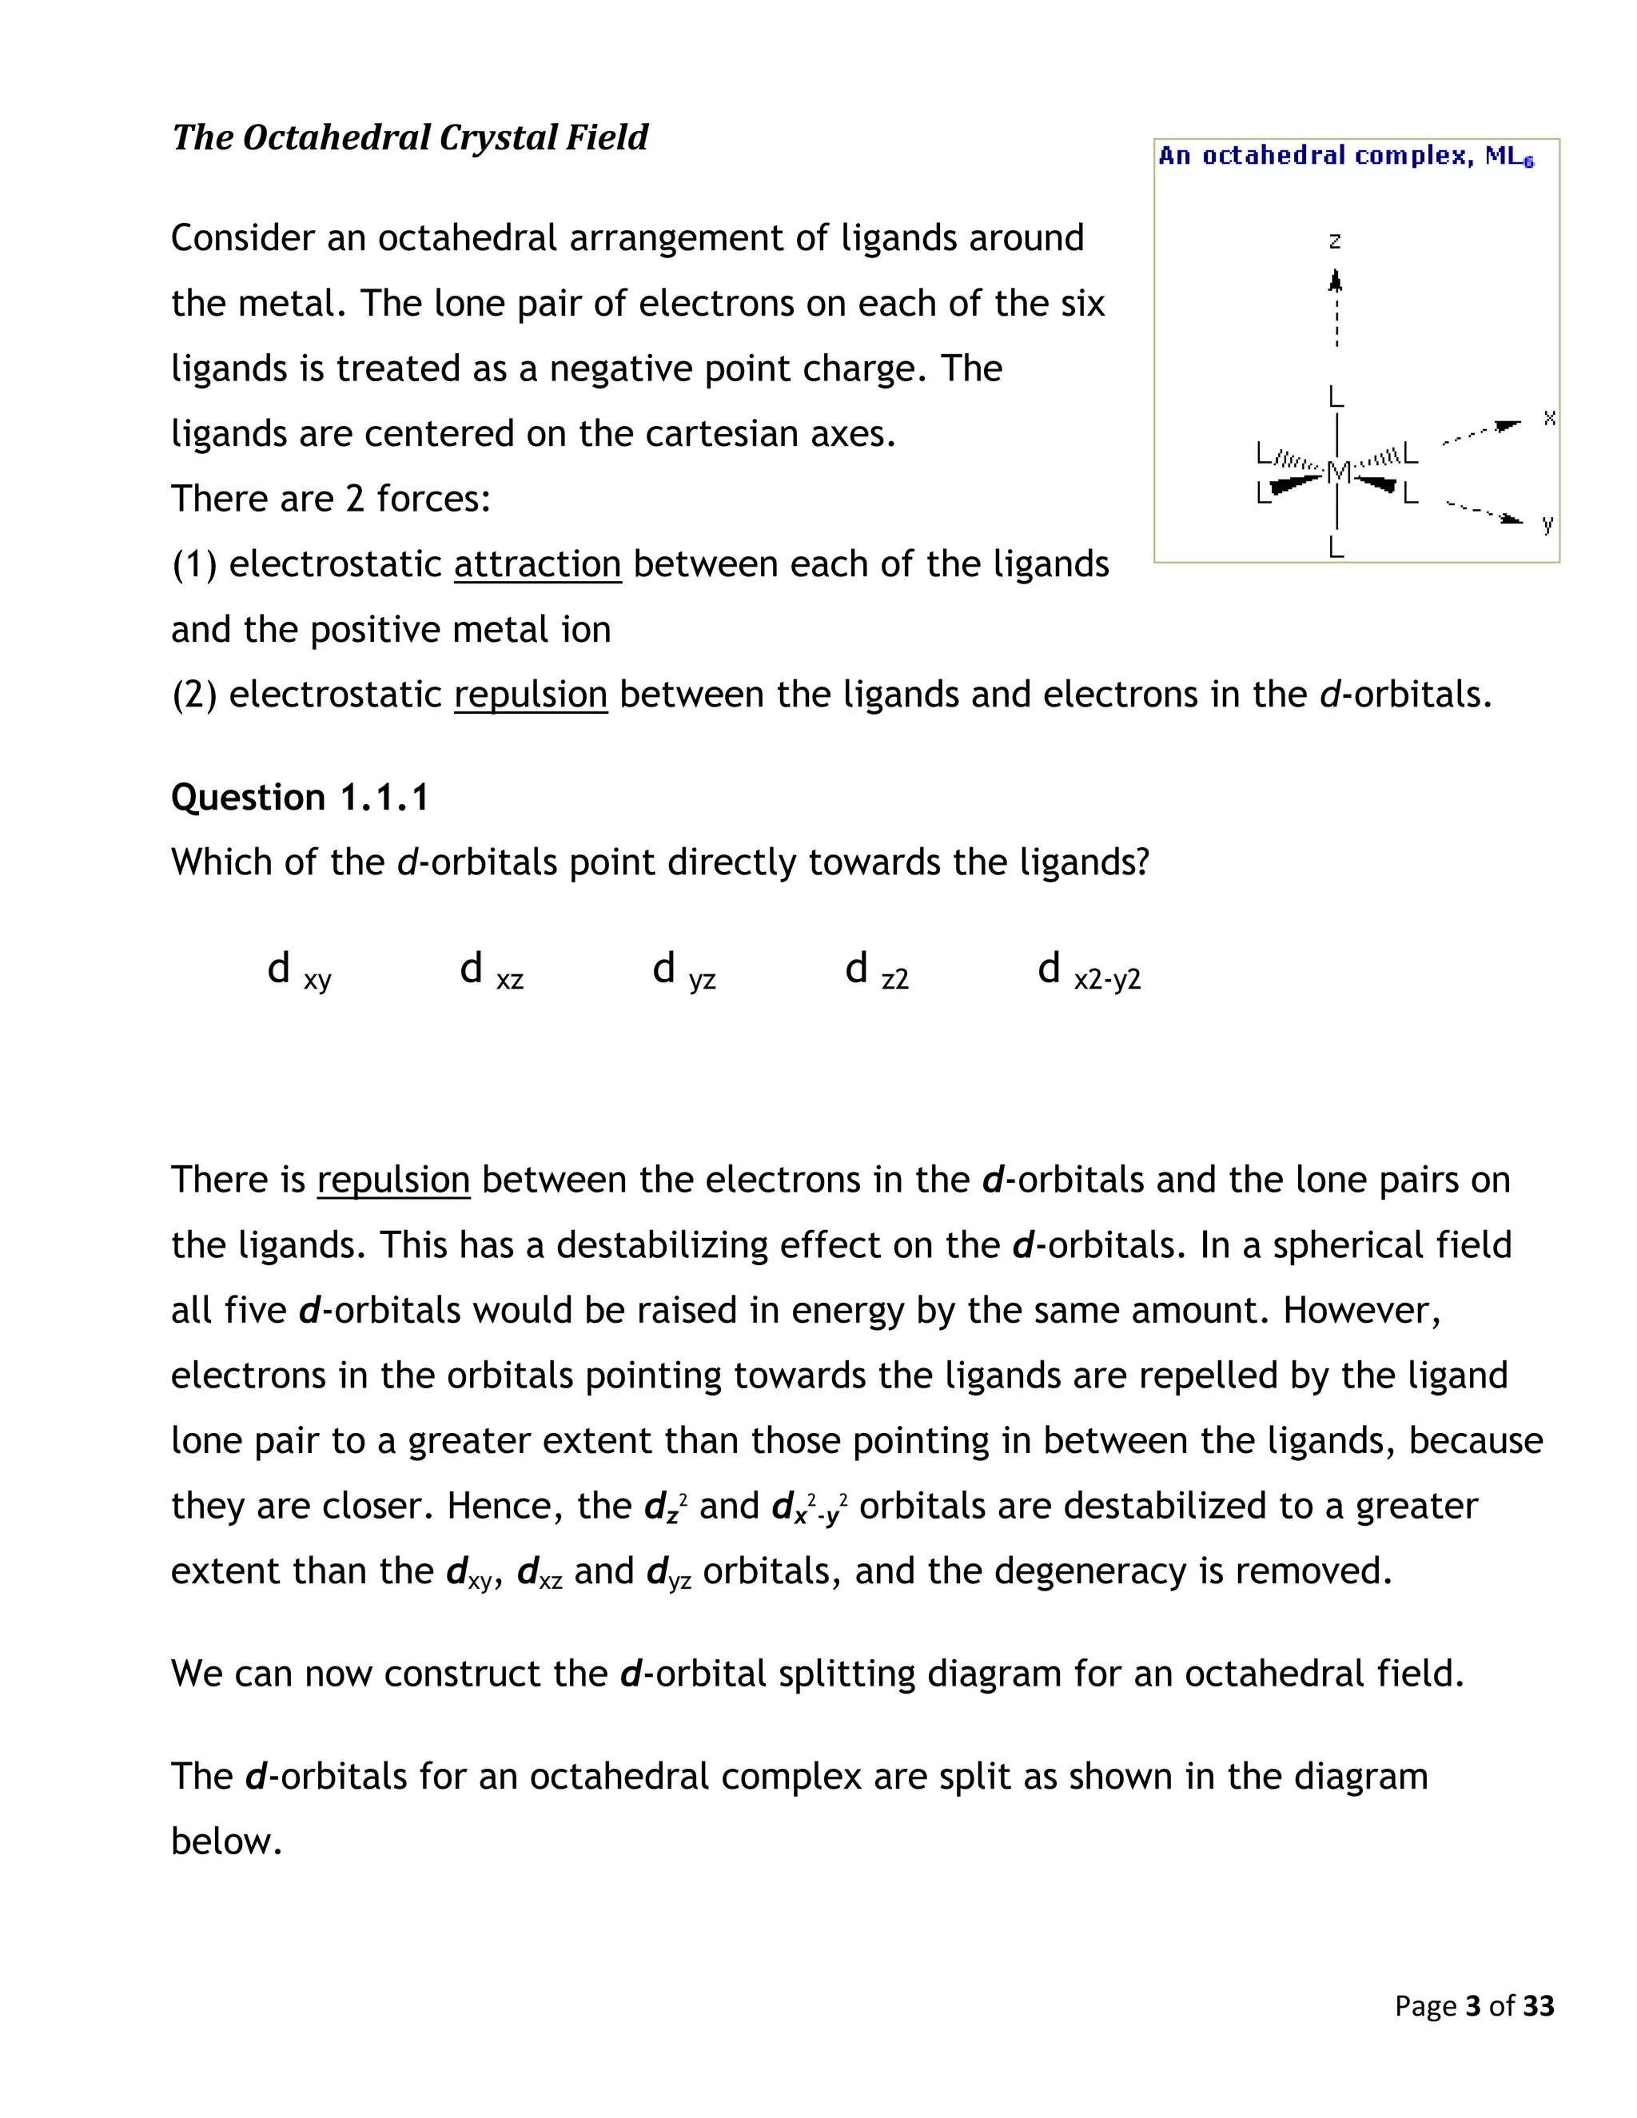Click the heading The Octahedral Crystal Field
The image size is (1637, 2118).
pyautogui.click(x=409, y=137)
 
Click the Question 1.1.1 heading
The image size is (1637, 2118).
pyautogui.click(x=299, y=797)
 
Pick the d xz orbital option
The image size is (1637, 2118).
pyautogui.click(x=491, y=969)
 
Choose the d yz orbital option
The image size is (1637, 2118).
pyautogui.click(x=683, y=969)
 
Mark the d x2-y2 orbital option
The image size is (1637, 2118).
pyautogui.click(x=1088, y=969)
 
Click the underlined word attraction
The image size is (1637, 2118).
pyautogui.click(x=537, y=564)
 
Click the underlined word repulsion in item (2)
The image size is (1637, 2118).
pyautogui.click(x=531, y=695)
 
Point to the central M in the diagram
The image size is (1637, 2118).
pyautogui.click(x=1337, y=472)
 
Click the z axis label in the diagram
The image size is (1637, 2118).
pyautogui.click(x=1336, y=241)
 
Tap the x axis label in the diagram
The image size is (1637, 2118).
pyautogui.click(x=1549, y=418)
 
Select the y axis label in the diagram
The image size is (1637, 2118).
pyautogui.click(x=1547, y=524)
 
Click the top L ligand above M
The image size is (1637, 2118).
pyautogui.click(x=1336, y=396)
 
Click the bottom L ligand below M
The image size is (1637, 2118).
pyautogui.click(x=1336, y=548)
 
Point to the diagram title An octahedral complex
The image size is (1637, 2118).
pyautogui.click(x=1345, y=156)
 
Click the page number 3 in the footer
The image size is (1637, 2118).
pyautogui.click(x=1473, y=2005)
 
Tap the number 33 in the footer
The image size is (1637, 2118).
pyautogui.click(x=1538, y=2005)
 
